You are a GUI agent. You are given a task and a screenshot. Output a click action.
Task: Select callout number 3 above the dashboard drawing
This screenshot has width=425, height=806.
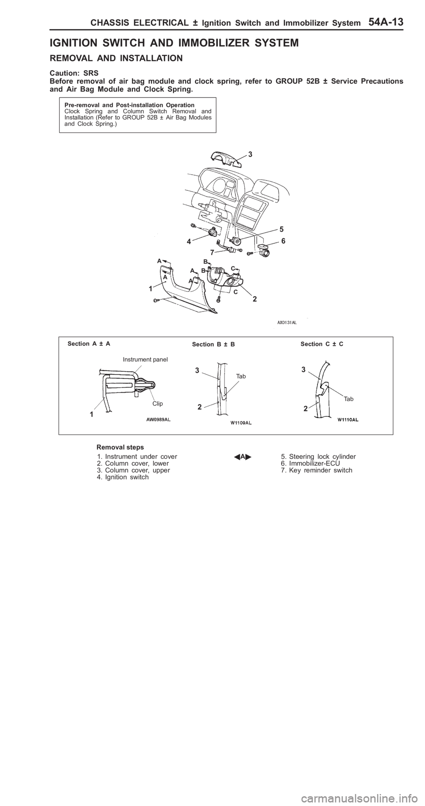click(x=250, y=154)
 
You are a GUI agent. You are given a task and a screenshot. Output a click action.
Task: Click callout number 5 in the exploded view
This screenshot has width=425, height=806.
click(x=281, y=229)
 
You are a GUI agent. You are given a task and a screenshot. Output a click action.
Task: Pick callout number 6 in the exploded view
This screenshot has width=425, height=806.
click(x=283, y=242)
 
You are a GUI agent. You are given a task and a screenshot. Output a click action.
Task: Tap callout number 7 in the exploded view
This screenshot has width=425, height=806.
click(x=212, y=253)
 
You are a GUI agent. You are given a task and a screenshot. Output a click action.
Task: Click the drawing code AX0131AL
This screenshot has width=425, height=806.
click(x=284, y=323)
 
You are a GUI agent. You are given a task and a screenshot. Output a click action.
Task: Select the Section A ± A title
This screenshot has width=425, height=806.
click(x=89, y=343)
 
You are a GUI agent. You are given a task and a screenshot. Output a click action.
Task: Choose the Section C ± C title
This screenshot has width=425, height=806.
click(x=322, y=343)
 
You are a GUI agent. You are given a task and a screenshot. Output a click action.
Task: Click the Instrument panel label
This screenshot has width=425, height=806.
click(x=145, y=359)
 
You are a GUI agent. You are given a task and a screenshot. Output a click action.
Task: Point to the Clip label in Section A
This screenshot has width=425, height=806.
click(x=158, y=404)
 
